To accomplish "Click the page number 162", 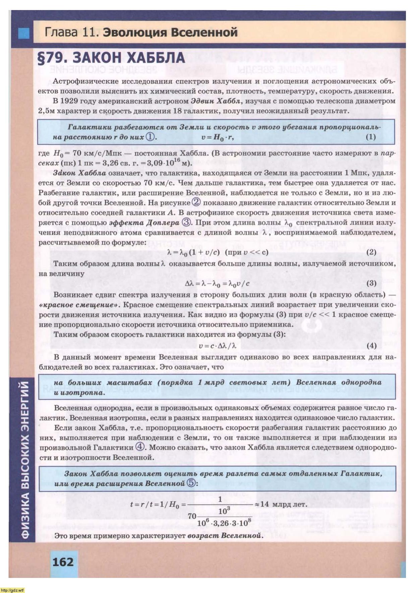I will point(63,561).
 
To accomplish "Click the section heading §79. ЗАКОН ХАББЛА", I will point(112,58).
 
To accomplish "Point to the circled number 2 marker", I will point(196,202).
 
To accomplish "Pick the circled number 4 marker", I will point(140,447).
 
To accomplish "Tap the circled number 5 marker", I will point(191,483).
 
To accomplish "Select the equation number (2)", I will point(371,252).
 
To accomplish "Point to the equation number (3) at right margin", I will point(371,283).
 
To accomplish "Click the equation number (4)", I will point(371,345).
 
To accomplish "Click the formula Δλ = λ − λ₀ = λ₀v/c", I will point(217,283).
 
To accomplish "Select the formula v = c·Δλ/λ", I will point(217,346).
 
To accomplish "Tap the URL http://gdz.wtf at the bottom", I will point(12,590).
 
